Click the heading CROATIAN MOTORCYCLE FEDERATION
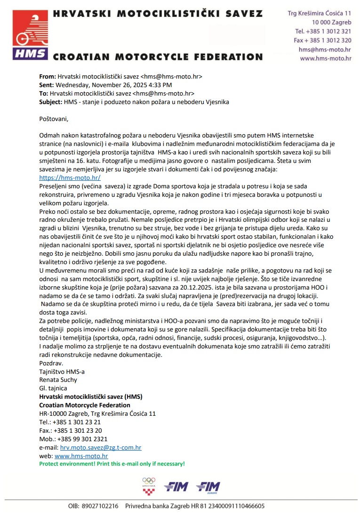tap(158, 57)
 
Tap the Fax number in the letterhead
tap(323, 40)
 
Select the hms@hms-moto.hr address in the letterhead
tap(325, 49)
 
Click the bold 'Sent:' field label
tap(47, 85)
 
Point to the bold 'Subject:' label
tap(50, 101)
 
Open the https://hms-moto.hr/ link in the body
tap(70, 178)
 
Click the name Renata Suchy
tap(58, 380)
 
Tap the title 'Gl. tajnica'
tap(53, 388)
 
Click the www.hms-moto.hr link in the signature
tap(81, 456)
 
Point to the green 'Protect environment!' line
tap(112, 464)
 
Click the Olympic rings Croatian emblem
tap(149, 485)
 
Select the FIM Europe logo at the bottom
tap(208, 486)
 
